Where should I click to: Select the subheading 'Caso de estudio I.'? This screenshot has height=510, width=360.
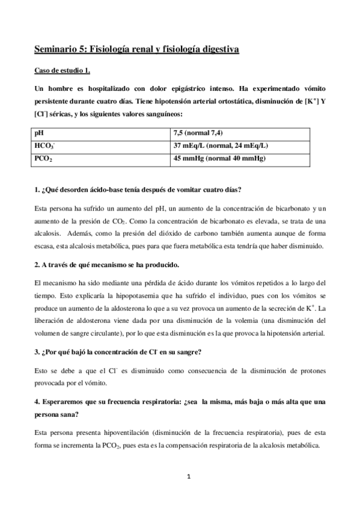click(62, 71)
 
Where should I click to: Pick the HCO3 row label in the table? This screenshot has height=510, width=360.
click(44, 146)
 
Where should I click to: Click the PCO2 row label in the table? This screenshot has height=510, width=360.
click(44, 159)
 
